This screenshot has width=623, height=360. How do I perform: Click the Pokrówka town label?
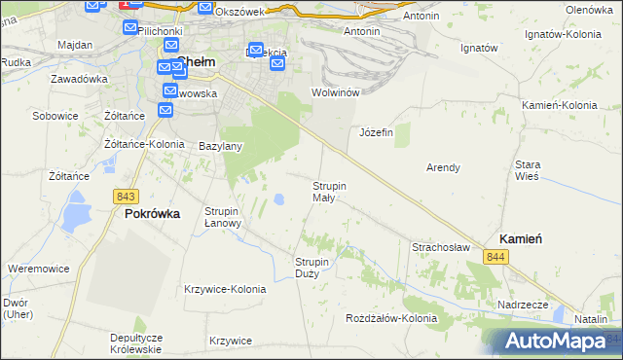point(152,214)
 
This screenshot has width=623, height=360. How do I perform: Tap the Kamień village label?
point(521,238)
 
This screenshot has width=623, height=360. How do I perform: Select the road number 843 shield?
point(125,196)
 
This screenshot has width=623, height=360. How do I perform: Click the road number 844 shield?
point(496,256)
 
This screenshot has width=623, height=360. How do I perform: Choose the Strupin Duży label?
point(313,267)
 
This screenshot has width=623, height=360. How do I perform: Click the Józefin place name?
point(376,132)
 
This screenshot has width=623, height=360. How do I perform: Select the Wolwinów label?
point(336,92)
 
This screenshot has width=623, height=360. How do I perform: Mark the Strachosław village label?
point(441,248)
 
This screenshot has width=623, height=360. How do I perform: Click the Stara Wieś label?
point(528,170)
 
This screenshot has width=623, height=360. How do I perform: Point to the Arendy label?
point(443,167)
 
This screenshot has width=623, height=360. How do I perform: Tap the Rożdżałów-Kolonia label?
point(391,318)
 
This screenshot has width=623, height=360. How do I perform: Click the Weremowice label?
point(36,268)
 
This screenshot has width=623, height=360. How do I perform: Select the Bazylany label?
point(220,146)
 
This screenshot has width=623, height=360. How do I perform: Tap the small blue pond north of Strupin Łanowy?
point(278,199)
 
